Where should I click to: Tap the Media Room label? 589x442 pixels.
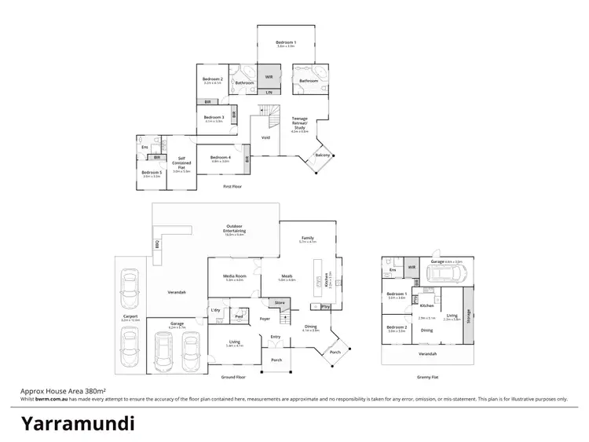tap(235, 276)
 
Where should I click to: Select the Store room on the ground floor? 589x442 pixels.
tap(278, 302)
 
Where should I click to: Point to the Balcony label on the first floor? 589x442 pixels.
tap(322, 155)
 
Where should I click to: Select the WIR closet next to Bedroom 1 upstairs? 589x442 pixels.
tap(269, 77)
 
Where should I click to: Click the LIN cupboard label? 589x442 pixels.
tap(269, 93)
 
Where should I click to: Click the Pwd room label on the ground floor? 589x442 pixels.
tap(239, 317)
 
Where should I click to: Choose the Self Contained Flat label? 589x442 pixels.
tap(181, 164)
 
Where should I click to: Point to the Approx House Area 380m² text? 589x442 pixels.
tap(63, 390)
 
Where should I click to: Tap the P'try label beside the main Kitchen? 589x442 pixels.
tap(325, 306)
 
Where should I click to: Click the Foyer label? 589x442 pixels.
tap(265, 319)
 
